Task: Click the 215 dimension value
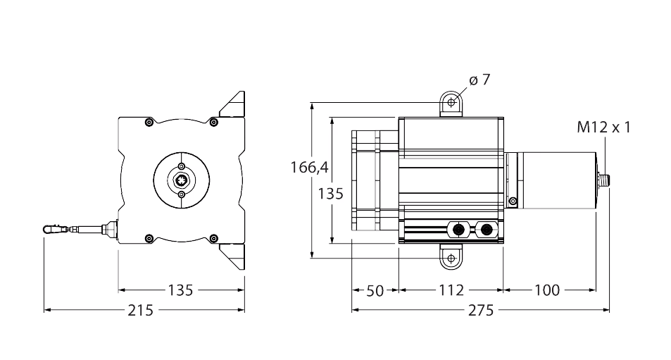click(x=143, y=310)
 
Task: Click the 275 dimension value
click(x=479, y=310)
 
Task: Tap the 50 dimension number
click(x=375, y=290)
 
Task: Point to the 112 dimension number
click(x=451, y=290)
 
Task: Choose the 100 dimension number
click(x=548, y=290)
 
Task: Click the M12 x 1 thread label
click(x=603, y=128)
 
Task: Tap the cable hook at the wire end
click(x=51, y=229)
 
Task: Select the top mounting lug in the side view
click(x=450, y=104)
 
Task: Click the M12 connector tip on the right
click(x=607, y=180)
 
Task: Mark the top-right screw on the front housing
click(x=212, y=123)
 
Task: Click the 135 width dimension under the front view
click(x=180, y=290)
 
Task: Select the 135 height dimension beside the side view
click(x=330, y=194)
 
